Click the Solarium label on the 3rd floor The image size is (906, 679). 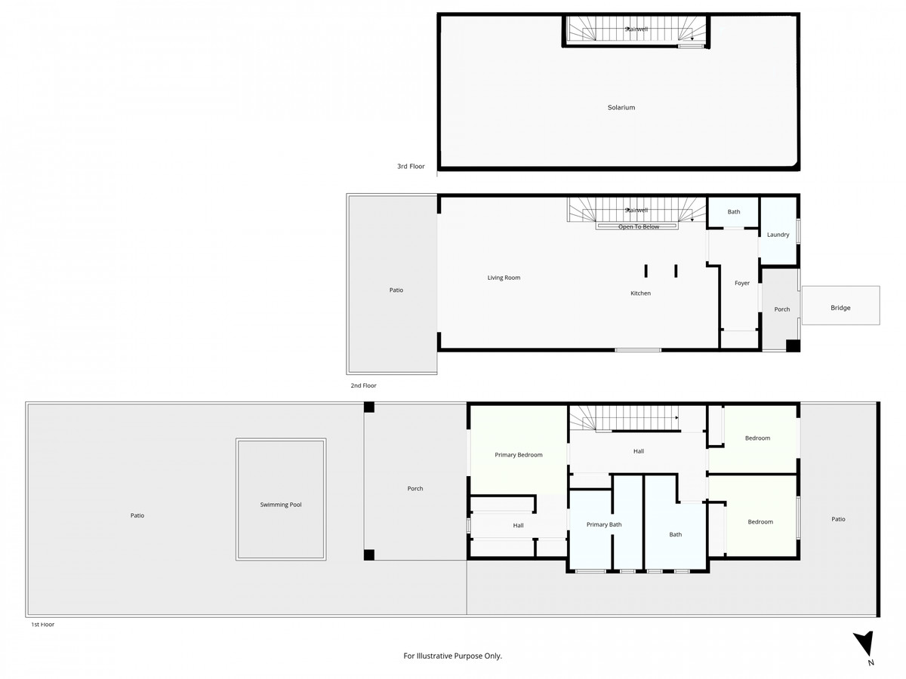621,108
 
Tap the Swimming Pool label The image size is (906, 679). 281,505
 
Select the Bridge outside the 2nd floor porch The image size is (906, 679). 840,308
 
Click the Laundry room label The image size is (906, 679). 778,235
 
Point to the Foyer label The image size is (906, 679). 742,284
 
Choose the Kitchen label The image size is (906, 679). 640,293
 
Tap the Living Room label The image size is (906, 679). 504,278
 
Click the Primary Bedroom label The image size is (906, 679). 519,455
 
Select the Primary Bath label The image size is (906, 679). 604,524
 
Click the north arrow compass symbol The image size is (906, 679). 865,647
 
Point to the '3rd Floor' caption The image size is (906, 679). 411,166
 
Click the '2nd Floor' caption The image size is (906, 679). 363,386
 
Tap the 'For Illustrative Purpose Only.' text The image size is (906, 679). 453,656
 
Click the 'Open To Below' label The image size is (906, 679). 639,227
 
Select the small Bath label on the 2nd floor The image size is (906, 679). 734,212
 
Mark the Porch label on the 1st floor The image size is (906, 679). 415,489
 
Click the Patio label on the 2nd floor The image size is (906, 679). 396,290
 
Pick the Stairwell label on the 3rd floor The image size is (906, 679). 636,29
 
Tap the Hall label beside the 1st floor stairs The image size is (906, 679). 639,451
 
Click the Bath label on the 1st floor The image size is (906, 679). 675,535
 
